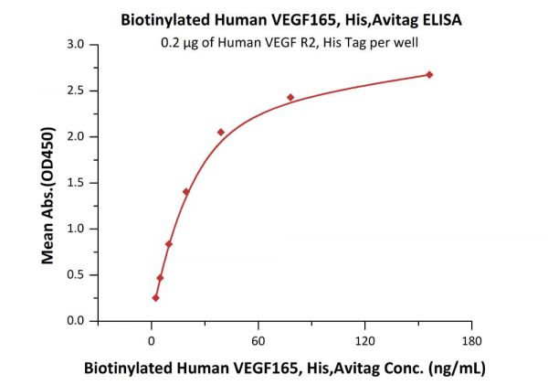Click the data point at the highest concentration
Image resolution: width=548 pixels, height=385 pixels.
coord(429,74)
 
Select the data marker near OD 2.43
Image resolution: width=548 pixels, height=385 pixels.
coord(290,97)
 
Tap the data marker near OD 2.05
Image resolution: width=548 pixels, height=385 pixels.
coord(221,133)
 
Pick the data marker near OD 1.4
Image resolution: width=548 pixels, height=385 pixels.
coord(186,191)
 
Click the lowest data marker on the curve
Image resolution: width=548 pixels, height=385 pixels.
coord(156,297)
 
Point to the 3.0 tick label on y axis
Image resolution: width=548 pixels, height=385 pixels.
coord(78,44)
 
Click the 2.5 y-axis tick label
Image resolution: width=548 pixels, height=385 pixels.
coord(78,91)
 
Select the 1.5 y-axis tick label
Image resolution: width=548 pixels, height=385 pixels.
coord(78,183)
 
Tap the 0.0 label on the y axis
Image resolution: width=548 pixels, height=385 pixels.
coord(78,321)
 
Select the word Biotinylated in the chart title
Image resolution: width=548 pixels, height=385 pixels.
coord(163,17)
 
